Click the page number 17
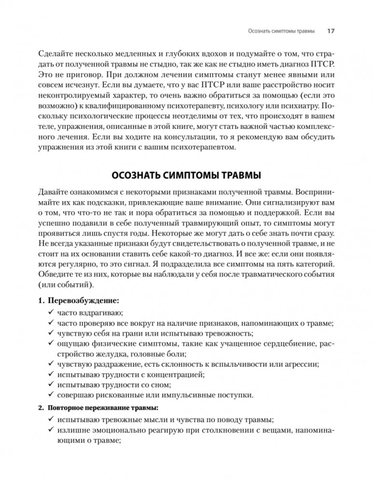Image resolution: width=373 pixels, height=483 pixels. coord(331,31)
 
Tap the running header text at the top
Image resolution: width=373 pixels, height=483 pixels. coord(280,31)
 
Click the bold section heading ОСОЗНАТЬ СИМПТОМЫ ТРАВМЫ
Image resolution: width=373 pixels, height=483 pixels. coord(186,174)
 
